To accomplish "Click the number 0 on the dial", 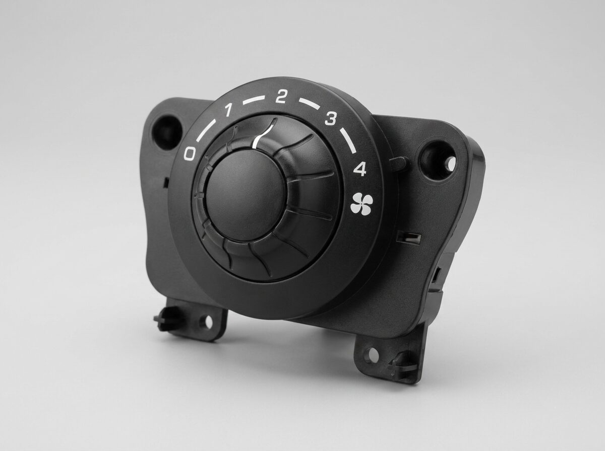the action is point(190,153).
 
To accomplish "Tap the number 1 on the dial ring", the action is point(228,110).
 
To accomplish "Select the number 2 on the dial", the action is point(281,97).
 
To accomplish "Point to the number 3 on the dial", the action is point(331,119).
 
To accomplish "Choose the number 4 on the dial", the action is point(359,169).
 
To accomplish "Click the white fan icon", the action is point(361,203).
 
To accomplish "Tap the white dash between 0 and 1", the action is point(206,130).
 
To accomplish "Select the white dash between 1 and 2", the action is point(254,101).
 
